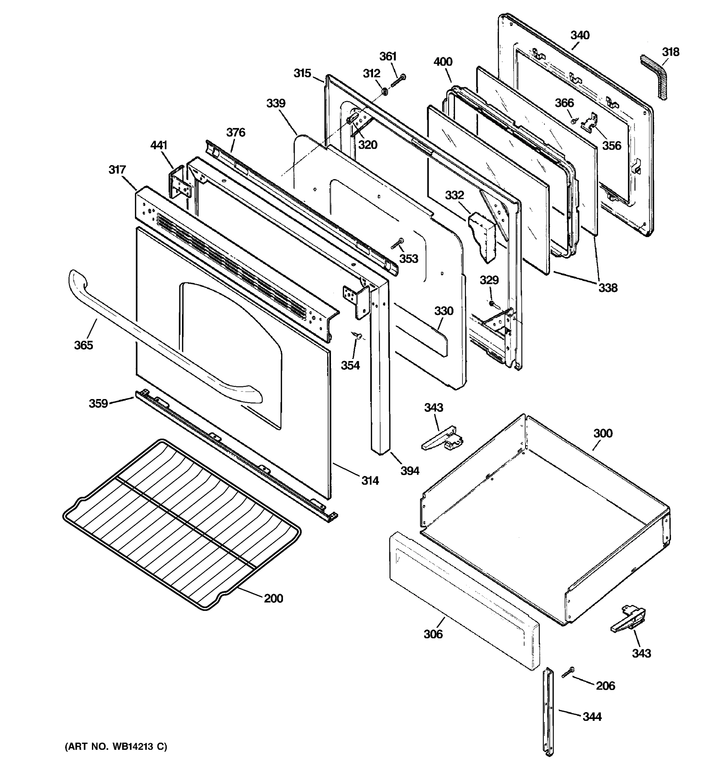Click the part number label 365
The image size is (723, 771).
click(84, 345)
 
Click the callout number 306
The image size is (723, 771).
click(433, 634)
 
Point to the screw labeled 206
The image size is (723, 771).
click(567, 673)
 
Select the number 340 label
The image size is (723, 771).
click(580, 35)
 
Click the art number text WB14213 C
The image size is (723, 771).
click(116, 746)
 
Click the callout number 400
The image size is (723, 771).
click(443, 62)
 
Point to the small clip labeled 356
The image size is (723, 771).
click(590, 121)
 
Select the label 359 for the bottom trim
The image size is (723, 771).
click(98, 403)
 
